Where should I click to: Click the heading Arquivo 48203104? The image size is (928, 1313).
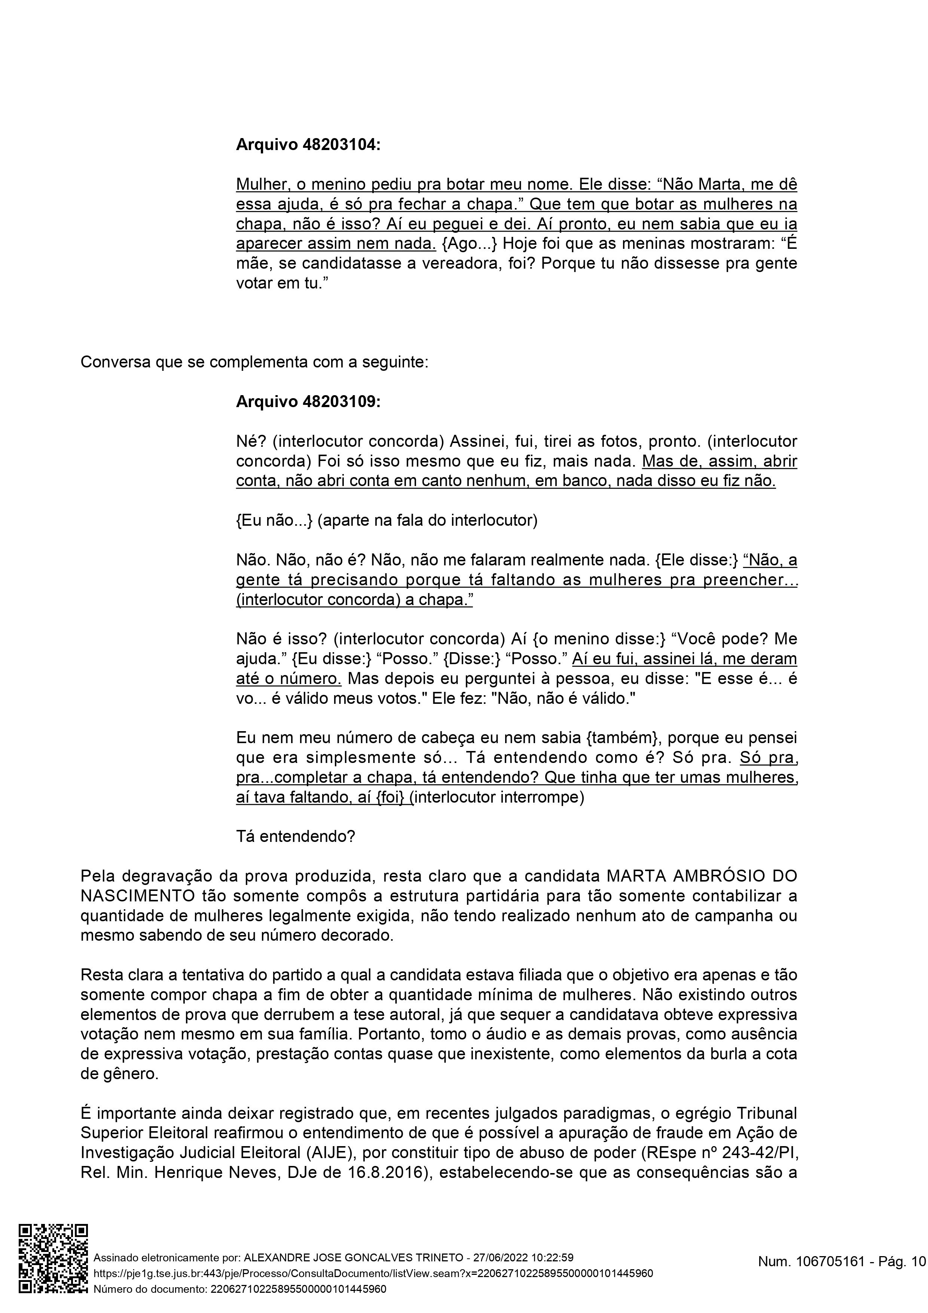[308, 145]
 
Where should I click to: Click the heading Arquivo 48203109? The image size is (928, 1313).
[308, 402]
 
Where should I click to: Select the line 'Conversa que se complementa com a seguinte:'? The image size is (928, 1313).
[254, 363]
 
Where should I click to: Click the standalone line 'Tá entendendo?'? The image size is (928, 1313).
[296, 837]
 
